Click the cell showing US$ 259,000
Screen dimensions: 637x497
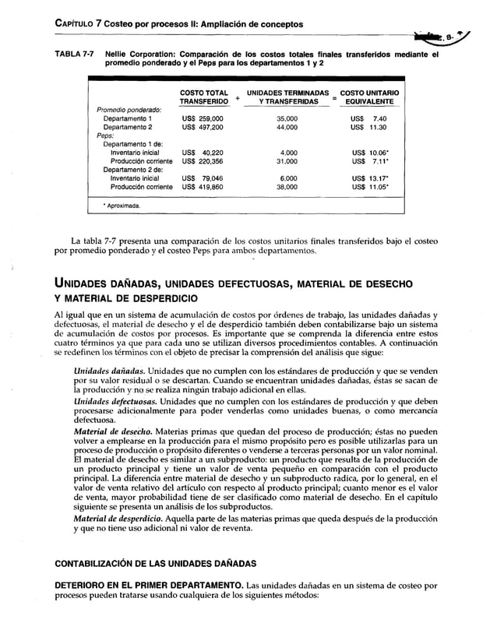pyautogui.click(x=203, y=118)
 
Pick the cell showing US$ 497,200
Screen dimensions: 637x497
pyautogui.click(x=203, y=126)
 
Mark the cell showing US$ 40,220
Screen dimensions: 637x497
pyautogui.click(x=203, y=153)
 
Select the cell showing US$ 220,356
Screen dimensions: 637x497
pyautogui.click(x=203, y=161)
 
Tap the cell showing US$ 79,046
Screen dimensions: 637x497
pyautogui.click(x=203, y=178)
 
